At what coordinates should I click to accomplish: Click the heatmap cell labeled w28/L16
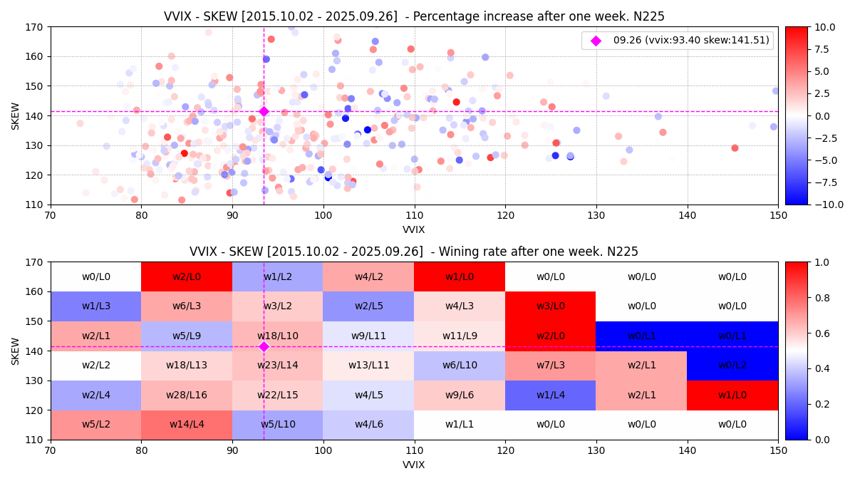point(187,395)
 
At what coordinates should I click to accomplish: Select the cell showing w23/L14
point(277,366)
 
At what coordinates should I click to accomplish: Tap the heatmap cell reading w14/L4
point(187,425)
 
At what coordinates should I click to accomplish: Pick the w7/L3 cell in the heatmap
point(550,366)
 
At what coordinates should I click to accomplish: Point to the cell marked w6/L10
point(460,366)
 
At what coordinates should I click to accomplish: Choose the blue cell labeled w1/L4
point(550,395)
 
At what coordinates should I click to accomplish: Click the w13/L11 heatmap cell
point(368,366)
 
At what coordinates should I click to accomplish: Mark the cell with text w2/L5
point(368,306)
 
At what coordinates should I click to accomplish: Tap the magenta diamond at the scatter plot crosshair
point(264,111)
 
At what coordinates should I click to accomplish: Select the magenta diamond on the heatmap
point(264,346)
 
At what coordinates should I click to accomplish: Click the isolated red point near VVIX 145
point(735,148)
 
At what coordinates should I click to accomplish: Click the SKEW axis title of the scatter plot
point(15,115)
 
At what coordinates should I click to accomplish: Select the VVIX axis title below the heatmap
point(414,465)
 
